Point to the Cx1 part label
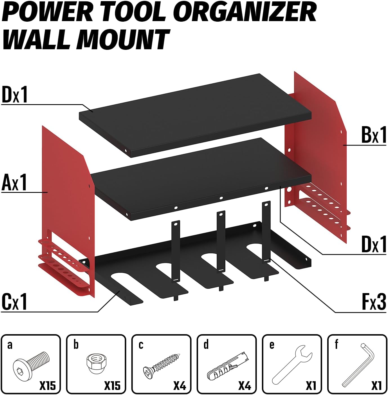click(14, 302)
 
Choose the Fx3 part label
click(374, 302)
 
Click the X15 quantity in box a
click(48, 385)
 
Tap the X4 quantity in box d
click(244, 385)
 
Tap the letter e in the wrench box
click(272, 345)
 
